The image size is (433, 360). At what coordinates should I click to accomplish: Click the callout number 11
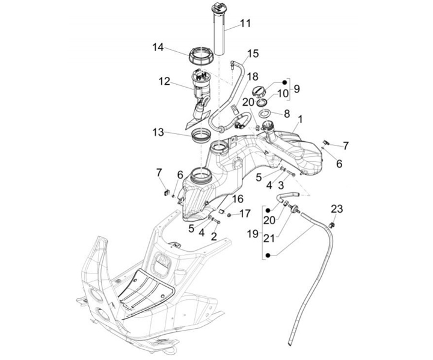245,23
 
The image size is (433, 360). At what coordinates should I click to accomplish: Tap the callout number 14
158,47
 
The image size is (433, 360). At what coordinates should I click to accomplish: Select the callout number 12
164,82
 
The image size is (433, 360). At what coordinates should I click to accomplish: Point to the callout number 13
158,132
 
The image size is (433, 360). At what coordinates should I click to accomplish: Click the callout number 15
253,53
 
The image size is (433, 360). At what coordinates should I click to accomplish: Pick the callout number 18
253,76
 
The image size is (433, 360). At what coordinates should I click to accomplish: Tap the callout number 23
337,209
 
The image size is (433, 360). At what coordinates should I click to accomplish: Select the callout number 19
253,234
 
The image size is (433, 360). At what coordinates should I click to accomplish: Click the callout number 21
269,238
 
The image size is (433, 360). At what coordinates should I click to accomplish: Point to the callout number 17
245,213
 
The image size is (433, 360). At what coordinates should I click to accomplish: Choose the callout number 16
238,199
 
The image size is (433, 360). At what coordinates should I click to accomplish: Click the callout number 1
300,120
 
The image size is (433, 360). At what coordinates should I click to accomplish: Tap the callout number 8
287,114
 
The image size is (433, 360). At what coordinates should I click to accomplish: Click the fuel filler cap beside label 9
259,92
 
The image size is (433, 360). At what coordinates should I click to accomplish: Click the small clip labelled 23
332,225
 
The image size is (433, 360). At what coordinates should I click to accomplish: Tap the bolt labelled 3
291,174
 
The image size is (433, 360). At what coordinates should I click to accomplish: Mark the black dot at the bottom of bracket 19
268,255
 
